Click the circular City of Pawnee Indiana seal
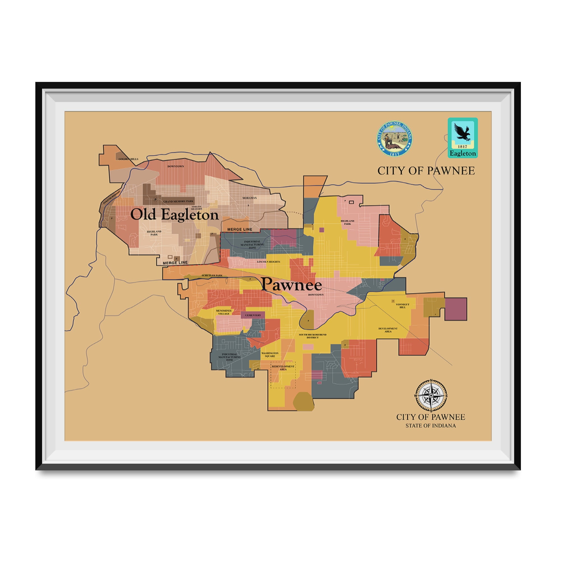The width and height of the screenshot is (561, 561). click(394, 139)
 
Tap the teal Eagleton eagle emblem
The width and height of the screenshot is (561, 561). click(463, 137)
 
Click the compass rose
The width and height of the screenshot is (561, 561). click(431, 396)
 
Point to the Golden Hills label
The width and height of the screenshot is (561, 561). click(128, 159)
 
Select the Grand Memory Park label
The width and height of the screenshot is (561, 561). click(178, 201)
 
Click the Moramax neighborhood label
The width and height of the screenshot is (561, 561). click(249, 198)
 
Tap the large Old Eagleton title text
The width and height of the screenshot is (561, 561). click(174, 215)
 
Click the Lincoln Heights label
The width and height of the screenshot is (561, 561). click(268, 262)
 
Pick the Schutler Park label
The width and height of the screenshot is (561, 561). click(212, 275)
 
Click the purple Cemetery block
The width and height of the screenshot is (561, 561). click(253, 315)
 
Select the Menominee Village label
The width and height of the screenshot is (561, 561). click(224, 312)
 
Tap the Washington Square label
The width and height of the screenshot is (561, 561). click(270, 355)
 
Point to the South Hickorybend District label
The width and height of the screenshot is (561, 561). click(312, 336)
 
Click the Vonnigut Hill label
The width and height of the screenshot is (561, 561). click(403, 306)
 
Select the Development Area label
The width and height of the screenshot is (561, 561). click(388, 330)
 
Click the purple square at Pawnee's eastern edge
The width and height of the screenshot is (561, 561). click(456, 309)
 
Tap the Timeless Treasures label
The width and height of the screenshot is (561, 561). click(196, 208)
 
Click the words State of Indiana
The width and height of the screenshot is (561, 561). click(431, 426)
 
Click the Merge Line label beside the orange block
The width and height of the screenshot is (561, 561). click(240, 229)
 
